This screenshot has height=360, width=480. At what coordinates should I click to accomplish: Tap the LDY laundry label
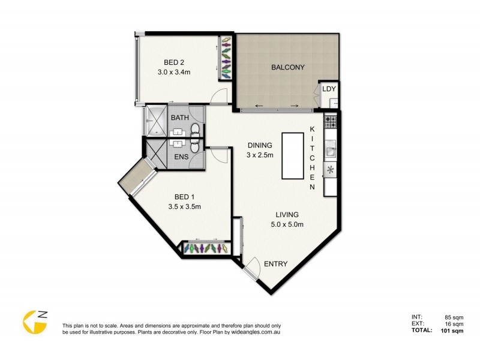point(329,89)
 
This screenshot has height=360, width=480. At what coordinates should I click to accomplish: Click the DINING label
point(259,145)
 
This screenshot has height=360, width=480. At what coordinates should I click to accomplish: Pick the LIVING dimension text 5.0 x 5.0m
point(287,225)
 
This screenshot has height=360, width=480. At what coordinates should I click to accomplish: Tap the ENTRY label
point(275,264)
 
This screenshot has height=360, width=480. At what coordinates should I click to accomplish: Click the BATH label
point(179,118)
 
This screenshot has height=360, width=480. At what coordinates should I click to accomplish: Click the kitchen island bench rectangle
point(292,155)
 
